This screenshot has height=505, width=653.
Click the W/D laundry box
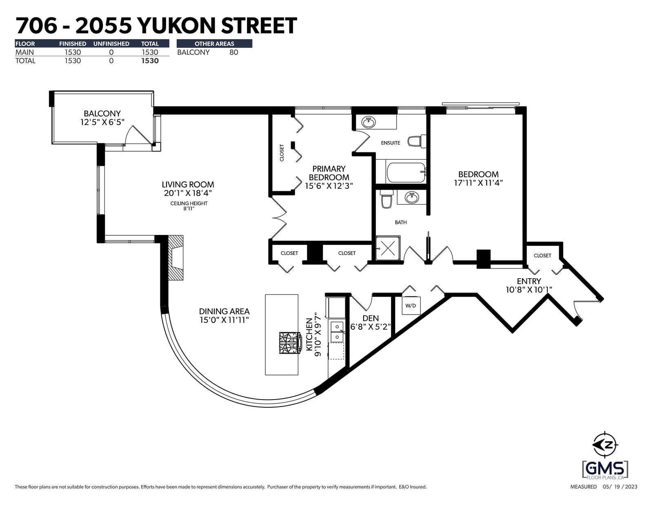pos(411,306)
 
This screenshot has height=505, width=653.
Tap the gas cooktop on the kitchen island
pos(290,342)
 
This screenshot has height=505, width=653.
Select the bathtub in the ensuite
pos(406,172)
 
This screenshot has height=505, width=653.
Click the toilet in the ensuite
pos(417,141)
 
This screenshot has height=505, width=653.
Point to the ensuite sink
pos(369,122)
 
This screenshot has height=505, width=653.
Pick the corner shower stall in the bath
pos(388,248)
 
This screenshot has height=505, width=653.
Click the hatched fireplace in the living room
pos(175,258)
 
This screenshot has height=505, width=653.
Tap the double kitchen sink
pos(337,331)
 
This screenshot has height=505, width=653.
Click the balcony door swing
pos(138,134)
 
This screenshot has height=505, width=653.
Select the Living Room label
pos(188,184)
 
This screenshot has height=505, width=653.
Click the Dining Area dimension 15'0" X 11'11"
pos(224,320)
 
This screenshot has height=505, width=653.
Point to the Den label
pos(371,318)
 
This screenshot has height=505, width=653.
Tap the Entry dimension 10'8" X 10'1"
pos(529,290)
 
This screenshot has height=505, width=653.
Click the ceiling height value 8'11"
pos(189,208)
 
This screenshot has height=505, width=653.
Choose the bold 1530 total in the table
pos(150,61)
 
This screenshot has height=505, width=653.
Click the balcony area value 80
pos(233,52)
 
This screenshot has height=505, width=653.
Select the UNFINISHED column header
pos(111,44)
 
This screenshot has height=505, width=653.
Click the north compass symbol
pos(605,445)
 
